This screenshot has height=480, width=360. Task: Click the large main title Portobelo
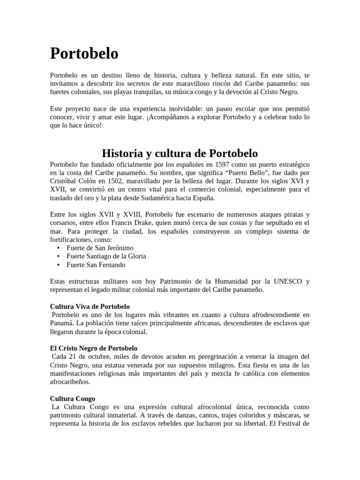pos(84,54)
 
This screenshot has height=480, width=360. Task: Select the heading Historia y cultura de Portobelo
pos(180,153)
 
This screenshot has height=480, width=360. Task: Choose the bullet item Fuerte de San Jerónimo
pos(100,247)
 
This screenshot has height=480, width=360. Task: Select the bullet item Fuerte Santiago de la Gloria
pos(106,256)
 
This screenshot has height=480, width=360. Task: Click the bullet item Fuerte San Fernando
pos(96,264)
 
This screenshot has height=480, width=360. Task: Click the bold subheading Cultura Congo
pos(73,398)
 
